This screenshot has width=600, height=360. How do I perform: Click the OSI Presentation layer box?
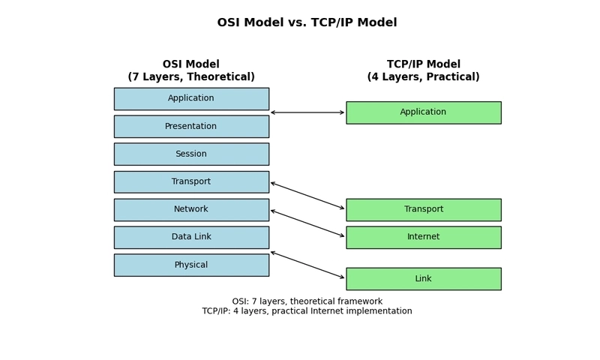pyautogui.click(x=191, y=127)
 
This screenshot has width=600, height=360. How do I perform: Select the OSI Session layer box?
pyautogui.click(x=191, y=154)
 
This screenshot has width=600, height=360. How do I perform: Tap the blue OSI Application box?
pyautogui.click(x=191, y=99)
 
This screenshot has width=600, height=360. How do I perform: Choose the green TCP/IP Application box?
pyautogui.click(x=424, y=112)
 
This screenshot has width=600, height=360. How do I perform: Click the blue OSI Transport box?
pyautogui.click(x=191, y=182)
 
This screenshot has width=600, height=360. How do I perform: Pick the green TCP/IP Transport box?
pyautogui.click(x=424, y=210)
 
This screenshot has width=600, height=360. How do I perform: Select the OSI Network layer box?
pyautogui.click(x=191, y=210)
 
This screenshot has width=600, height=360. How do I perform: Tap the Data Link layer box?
pyautogui.click(x=191, y=238)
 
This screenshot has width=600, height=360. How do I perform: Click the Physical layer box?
pyautogui.click(x=191, y=265)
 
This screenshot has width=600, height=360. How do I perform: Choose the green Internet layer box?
pyautogui.click(x=424, y=238)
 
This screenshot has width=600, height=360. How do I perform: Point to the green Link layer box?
pyautogui.click(x=424, y=279)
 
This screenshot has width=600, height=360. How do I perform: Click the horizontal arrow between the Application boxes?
pyautogui.click(x=307, y=112)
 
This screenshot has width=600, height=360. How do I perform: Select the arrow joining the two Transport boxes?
pyautogui.click(x=307, y=196)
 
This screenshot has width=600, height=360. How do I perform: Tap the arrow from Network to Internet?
pyautogui.click(x=307, y=223)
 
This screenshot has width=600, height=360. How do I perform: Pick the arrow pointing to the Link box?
pyautogui.click(x=307, y=265)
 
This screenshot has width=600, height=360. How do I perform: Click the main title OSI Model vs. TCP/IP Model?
pyautogui.click(x=307, y=22)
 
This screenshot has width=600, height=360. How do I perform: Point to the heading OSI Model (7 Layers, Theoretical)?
pyautogui.click(x=191, y=70)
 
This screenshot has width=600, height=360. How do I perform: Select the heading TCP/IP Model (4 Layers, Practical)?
pyautogui.click(x=424, y=70)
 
